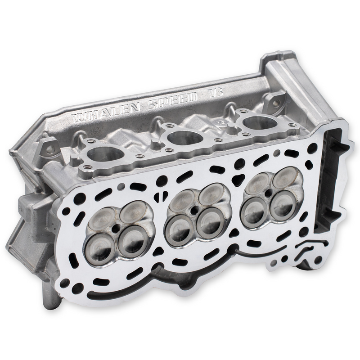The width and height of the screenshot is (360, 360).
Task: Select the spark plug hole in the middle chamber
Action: [x=194, y=210]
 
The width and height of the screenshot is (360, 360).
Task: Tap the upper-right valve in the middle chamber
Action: [x=211, y=195]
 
